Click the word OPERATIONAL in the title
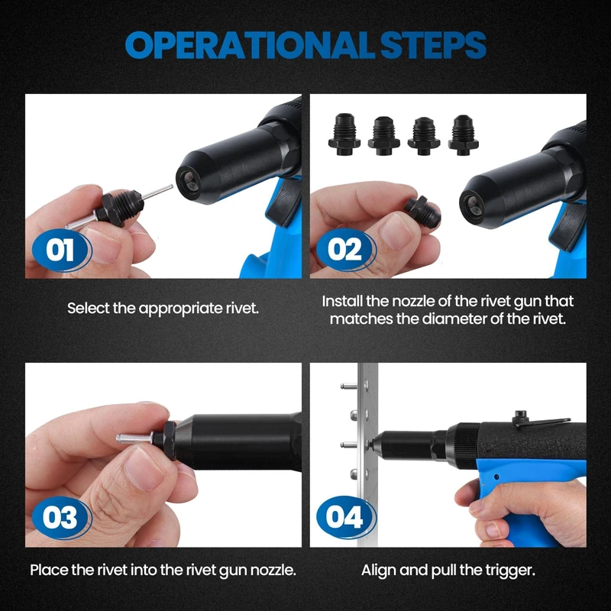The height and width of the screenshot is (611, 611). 247,45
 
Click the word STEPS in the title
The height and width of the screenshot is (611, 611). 433,45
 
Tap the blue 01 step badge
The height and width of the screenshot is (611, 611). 62,250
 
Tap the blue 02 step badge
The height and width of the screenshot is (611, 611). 346,250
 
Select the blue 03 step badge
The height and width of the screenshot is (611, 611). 62,518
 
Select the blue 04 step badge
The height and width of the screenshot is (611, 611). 346,518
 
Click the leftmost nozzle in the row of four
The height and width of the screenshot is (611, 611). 344,134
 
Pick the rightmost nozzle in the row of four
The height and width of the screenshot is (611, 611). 464,134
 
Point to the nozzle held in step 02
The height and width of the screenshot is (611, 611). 422,212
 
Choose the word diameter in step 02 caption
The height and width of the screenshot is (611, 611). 454,319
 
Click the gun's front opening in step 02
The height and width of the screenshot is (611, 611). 474,205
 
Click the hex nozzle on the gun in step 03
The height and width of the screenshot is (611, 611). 166,440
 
